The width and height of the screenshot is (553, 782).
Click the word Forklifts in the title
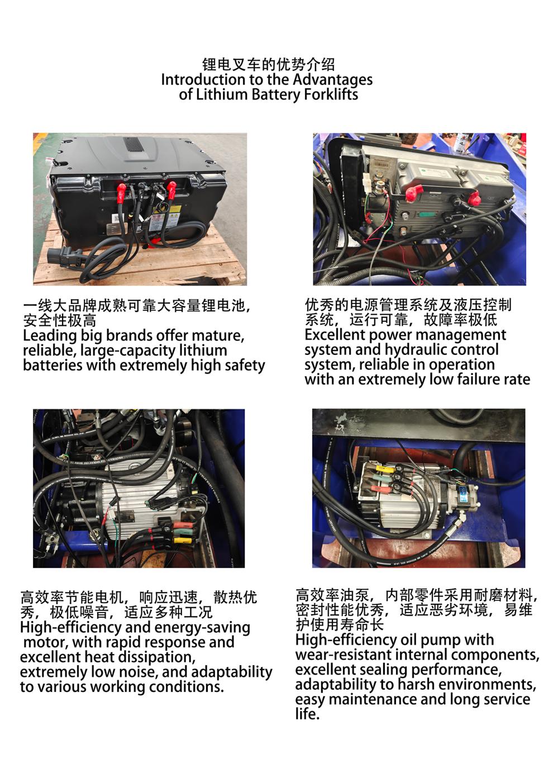331,94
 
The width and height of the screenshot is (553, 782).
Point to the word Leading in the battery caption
50,336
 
